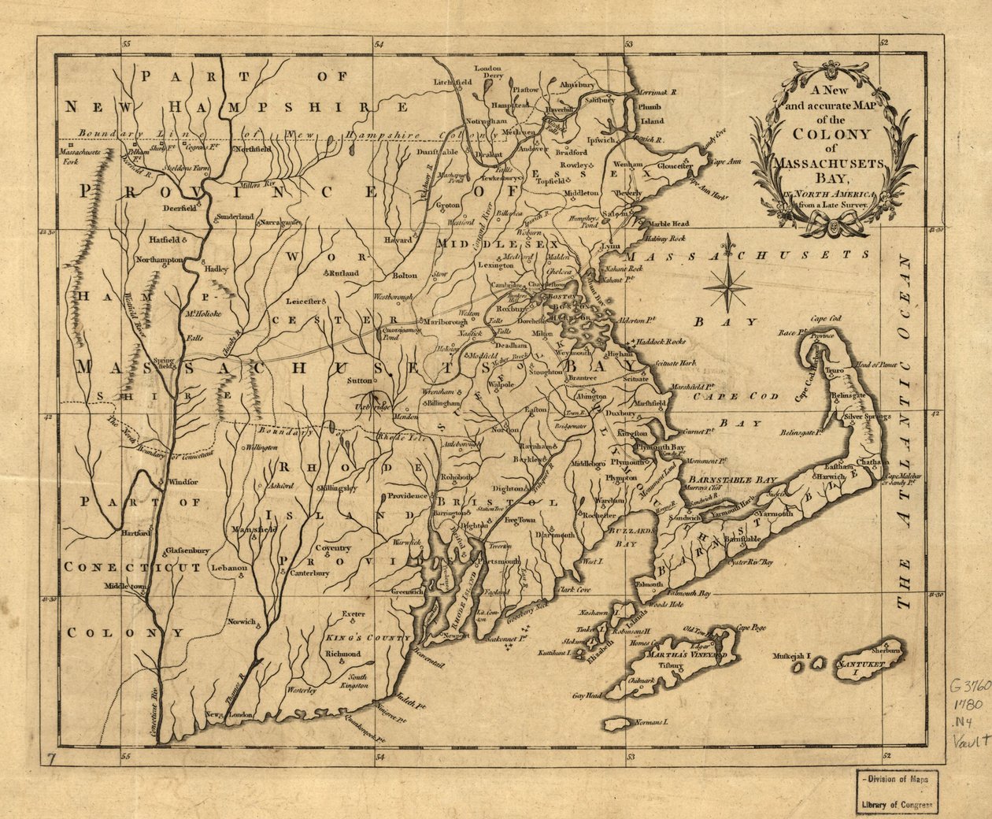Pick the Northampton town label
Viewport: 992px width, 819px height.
[157, 259]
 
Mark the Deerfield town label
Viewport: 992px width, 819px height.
[178, 210]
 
